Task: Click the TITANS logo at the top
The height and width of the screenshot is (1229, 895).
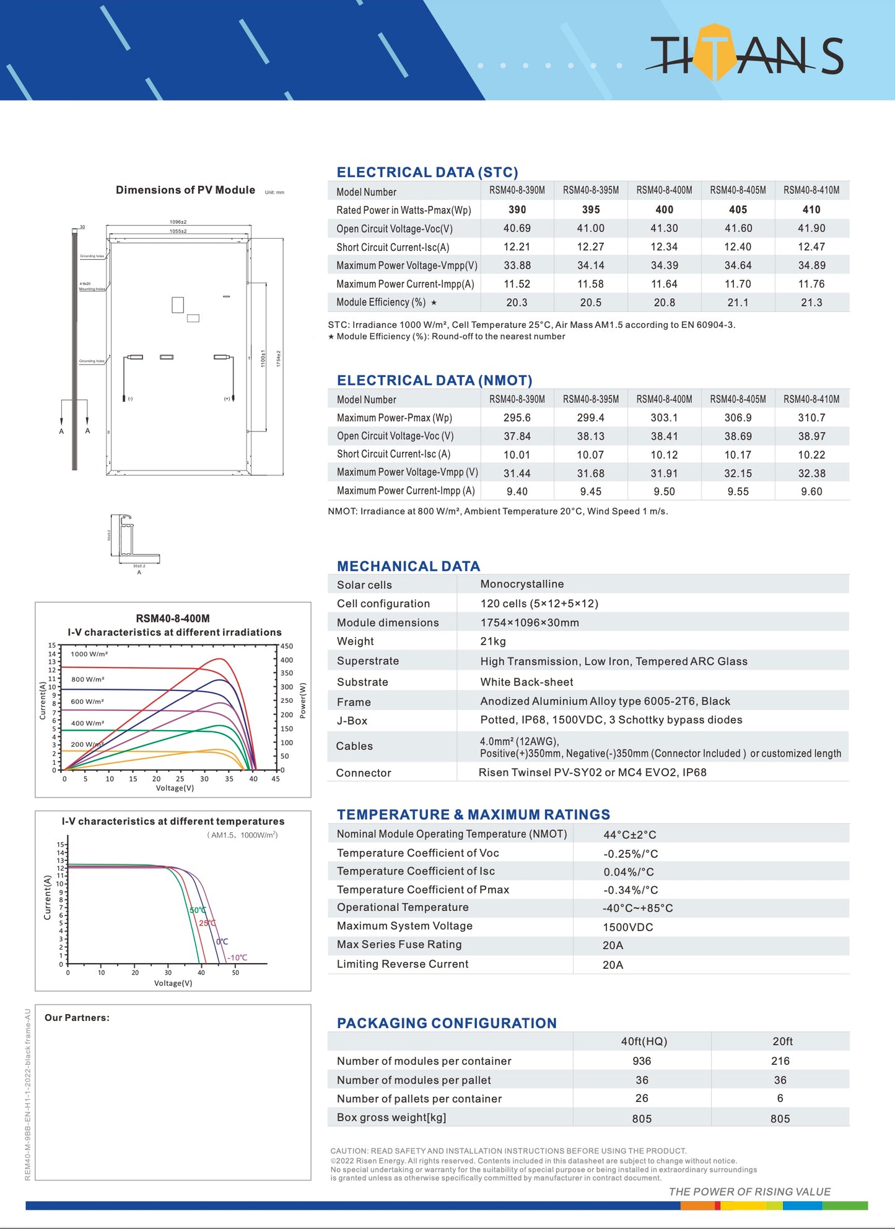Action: point(746,55)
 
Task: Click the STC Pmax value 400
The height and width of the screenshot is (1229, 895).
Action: point(664,210)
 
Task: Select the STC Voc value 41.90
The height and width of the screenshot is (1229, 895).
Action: point(811,229)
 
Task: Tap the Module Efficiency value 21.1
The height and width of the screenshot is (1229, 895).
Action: point(738,302)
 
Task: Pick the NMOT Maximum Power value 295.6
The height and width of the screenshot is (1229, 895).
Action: point(517,418)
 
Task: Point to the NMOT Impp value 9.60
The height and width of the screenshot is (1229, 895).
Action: point(811,491)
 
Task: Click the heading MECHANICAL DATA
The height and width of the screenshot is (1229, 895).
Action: point(408,566)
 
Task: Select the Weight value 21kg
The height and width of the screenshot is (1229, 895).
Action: point(493,641)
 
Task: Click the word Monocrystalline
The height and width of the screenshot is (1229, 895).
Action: point(522,584)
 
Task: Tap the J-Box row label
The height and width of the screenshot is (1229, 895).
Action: point(352,721)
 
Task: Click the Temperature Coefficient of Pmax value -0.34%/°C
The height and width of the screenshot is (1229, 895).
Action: point(631,890)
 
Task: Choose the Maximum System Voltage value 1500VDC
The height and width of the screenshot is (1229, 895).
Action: point(627,927)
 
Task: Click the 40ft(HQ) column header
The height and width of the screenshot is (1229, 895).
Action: point(644,1042)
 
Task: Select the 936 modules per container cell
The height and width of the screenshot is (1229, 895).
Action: point(642,1061)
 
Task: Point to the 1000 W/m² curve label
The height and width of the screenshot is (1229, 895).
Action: point(89,654)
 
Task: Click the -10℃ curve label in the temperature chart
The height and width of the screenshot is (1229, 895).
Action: point(237,958)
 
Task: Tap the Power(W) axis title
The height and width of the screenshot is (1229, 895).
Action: point(303,700)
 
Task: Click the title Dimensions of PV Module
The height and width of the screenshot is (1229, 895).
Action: point(185,190)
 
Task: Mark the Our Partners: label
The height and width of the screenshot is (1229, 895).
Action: point(77,1018)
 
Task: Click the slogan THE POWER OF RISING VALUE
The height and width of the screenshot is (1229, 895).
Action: point(749,1191)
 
